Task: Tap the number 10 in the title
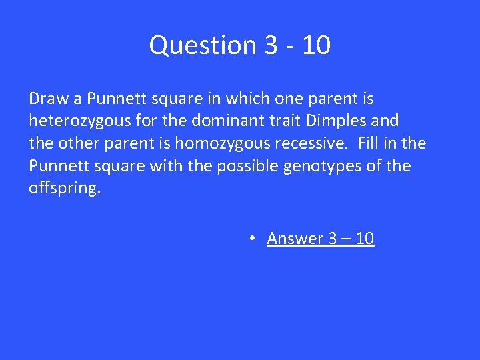315,45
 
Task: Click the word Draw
49,99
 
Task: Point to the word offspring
63,188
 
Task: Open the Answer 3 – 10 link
320,238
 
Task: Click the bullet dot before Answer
254,238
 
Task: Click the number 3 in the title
271,45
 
